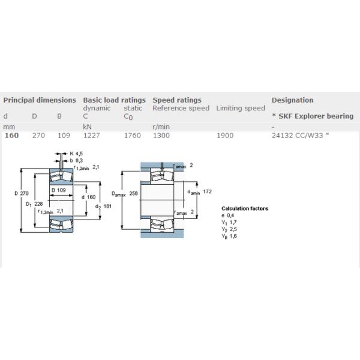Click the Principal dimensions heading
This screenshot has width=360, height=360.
(40, 100)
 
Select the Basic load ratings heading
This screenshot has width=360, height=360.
(114, 100)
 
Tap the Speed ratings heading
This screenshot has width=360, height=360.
(177, 100)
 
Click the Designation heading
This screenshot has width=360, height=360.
(292, 100)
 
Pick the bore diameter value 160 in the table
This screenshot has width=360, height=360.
(11, 136)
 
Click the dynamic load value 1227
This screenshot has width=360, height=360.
(92, 136)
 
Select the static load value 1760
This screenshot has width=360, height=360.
(132, 136)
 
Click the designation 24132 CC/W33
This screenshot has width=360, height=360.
(300, 136)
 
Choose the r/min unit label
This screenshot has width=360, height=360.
(161, 127)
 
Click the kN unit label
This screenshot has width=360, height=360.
(87, 127)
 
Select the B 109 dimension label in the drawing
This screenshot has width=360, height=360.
(58, 190)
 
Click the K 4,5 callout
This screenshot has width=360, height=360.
(76, 154)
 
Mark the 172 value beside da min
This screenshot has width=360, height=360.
(208, 191)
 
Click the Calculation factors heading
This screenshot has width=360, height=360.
(245, 209)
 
